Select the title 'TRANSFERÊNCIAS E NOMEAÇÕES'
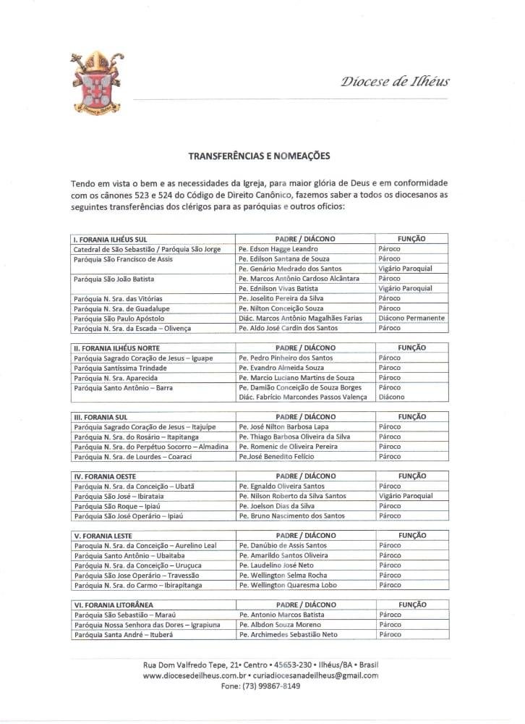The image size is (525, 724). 259,156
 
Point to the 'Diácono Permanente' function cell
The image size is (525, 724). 411,319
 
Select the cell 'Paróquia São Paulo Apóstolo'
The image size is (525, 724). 119,319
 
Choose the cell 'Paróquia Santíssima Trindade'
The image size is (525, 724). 120,368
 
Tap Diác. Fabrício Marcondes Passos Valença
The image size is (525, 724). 302,397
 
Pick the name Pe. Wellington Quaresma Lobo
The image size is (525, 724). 288,585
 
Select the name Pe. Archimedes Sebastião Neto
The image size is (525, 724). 288,634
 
